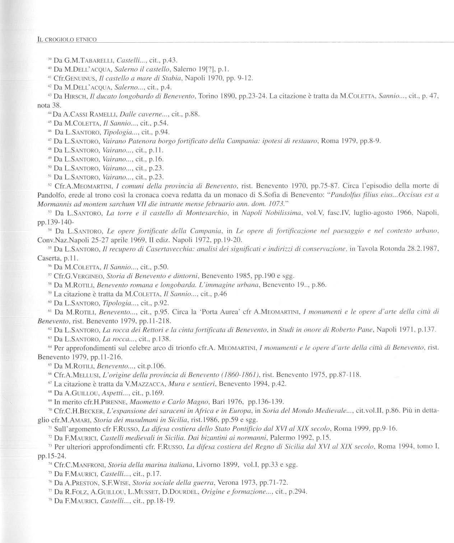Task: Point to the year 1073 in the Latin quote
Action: point(273,204)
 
